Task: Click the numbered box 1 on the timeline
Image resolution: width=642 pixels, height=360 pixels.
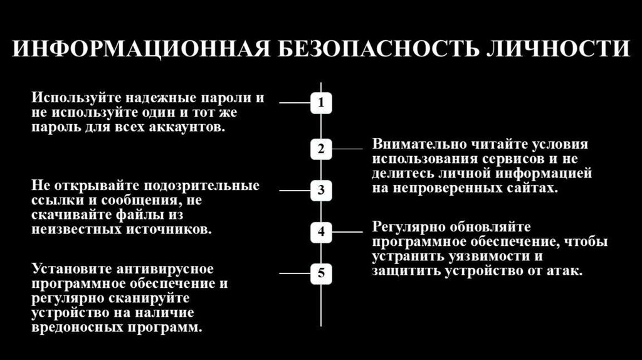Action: coord(321,102)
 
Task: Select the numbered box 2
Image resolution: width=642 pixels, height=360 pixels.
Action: coord(321,149)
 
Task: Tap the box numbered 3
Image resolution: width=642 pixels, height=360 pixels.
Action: coord(321,190)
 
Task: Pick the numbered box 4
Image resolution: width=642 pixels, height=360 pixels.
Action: coord(321,231)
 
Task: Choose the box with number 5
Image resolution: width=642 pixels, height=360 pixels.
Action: coord(321,273)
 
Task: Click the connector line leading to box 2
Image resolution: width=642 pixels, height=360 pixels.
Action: coord(347,149)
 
